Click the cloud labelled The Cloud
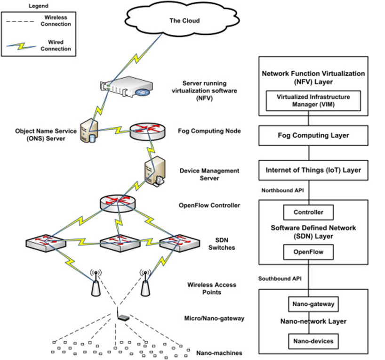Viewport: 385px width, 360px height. tap(184, 21)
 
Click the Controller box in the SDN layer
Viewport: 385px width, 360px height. tap(308, 212)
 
